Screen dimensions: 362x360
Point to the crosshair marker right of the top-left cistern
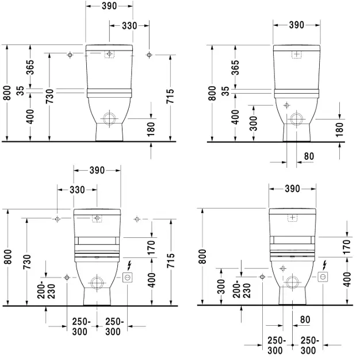click(149, 55)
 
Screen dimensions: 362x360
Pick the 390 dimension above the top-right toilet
click(296, 25)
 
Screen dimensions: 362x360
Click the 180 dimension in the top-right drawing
click(339, 128)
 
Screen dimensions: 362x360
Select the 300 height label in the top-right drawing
click(254, 122)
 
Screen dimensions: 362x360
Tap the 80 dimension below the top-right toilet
click(309, 156)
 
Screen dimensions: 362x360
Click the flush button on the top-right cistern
click(296, 55)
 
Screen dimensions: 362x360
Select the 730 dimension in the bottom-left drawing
click(27, 261)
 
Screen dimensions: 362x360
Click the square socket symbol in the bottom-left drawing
click(128, 278)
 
